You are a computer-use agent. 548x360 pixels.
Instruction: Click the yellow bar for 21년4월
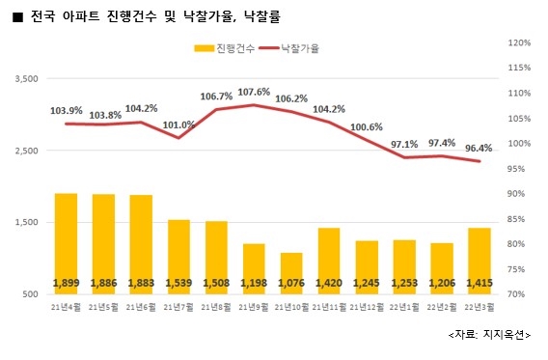[x=67, y=241]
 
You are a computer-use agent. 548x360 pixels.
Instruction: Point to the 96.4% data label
[x=480, y=149]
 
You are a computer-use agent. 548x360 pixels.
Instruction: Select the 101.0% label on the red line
[x=179, y=125]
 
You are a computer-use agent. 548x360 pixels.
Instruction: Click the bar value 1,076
[x=291, y=283]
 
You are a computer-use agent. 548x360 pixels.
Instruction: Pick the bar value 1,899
[x=67, y=283]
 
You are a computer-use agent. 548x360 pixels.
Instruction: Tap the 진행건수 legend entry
[x=227, y=46]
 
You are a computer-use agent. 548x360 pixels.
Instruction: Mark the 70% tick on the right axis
[x=518, y=293]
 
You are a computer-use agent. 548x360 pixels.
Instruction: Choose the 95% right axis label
[x=518, y=169]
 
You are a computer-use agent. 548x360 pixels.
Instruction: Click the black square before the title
[x=16, y=16]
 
